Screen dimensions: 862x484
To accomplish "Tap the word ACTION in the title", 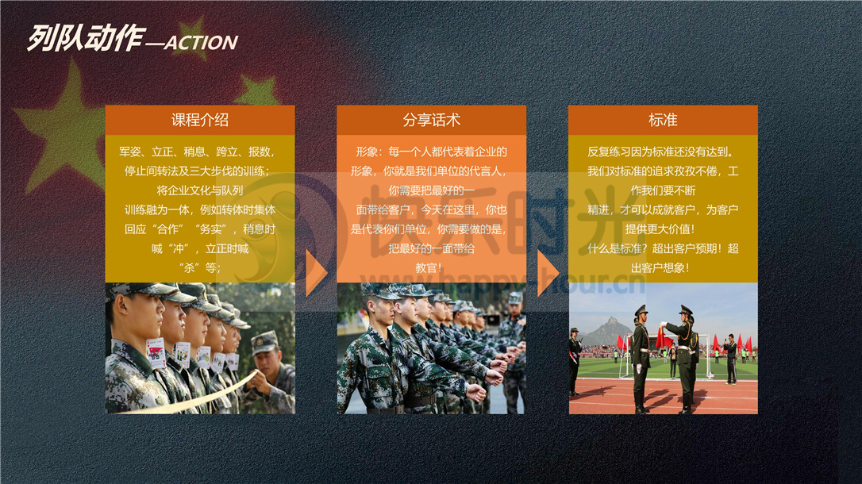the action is (201, 43).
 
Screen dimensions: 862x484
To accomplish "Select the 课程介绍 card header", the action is (200, 120).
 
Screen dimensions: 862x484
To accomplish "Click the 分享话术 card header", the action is (432, 120).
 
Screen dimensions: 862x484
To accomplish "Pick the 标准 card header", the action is (663, 120).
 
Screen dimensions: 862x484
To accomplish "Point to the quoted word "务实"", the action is (210, 229).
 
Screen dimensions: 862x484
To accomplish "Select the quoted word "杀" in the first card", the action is (190, 267).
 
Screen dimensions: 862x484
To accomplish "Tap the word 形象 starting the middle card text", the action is (367, 152).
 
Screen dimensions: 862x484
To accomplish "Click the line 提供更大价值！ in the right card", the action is (660, 229).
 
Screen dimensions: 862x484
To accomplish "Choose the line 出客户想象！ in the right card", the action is (660, 267).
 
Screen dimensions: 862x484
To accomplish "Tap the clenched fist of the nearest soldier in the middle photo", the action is (475, 393).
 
